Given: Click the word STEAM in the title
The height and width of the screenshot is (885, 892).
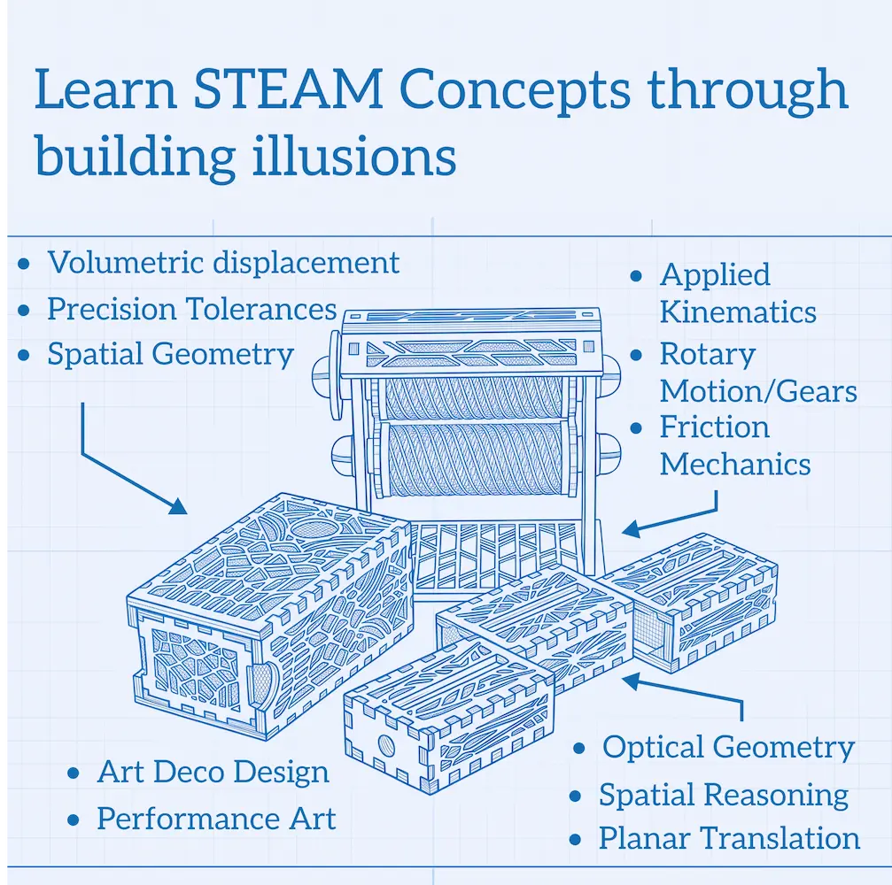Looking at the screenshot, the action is [288, 89].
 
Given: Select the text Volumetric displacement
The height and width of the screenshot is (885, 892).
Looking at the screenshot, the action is [223, 263].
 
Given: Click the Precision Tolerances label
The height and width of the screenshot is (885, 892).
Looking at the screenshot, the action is [191, 309].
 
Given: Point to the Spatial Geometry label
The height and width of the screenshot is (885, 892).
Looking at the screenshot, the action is [170, 355].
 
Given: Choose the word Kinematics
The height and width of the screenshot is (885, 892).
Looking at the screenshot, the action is [738, 312].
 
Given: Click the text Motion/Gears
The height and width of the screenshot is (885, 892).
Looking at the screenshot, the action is [758, 391].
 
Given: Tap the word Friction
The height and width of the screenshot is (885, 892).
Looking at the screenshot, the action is [715, 427].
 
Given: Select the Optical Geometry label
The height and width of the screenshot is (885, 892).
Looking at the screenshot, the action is [728, 748].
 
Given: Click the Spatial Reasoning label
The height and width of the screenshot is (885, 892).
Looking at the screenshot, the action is [724, 796].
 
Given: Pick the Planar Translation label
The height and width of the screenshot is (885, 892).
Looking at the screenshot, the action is [729, 838].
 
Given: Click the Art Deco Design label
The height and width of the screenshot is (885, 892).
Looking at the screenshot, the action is [213, 772].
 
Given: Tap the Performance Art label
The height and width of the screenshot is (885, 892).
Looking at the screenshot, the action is [216, 819].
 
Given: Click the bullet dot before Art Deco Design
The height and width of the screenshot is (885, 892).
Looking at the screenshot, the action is [74, 773].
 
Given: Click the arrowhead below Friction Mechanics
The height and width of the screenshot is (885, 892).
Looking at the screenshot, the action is [631, 528].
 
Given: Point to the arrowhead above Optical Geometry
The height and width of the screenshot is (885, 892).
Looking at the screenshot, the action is [632, 681].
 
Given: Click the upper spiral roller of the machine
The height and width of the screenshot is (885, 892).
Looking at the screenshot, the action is [473, 398].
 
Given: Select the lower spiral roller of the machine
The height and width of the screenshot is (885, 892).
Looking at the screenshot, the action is [473, 459].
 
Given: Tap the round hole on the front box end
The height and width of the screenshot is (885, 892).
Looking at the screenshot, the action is [387, 744].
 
